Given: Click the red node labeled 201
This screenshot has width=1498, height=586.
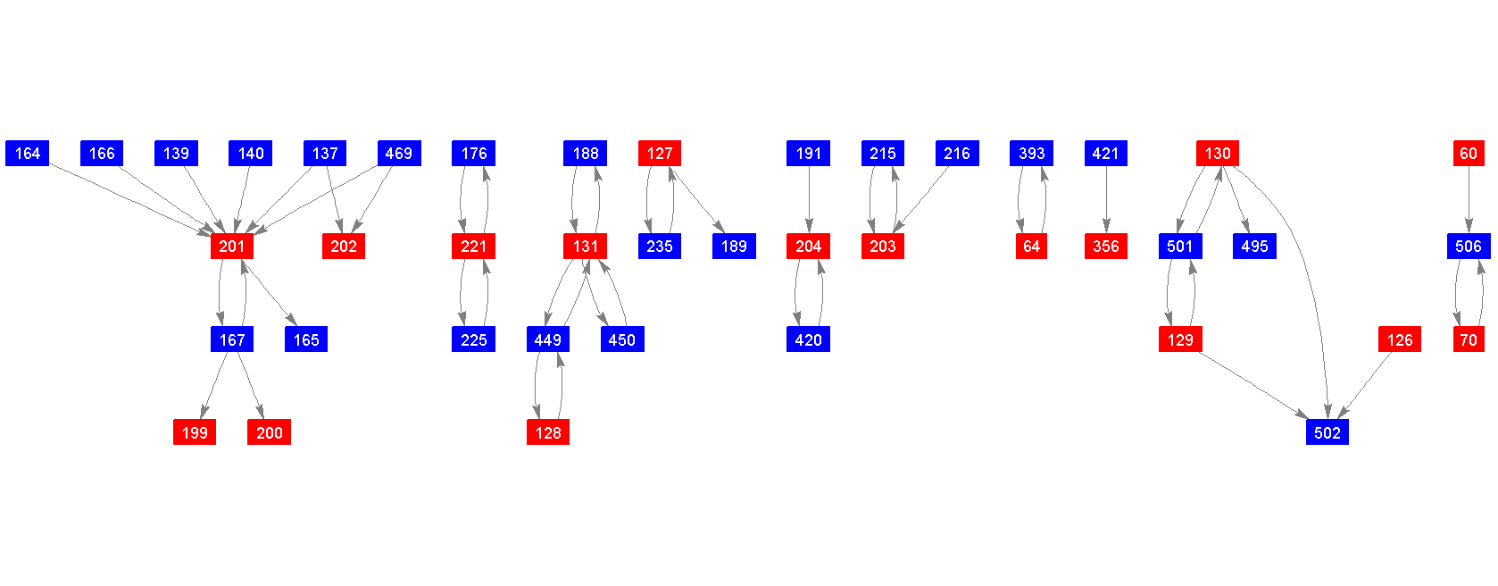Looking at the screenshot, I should (x=232, y=247).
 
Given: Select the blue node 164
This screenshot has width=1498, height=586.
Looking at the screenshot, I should (x=28, y=154).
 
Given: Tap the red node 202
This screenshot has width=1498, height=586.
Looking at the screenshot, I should (x=344, y=247).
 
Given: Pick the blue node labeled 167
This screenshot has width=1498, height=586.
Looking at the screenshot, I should (x=232, y=339).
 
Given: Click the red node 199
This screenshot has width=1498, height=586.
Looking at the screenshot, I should (x=195, y=432).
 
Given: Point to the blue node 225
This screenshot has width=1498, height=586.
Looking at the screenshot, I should (x=473, y=339).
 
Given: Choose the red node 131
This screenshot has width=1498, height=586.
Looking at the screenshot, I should (x=586, y=247).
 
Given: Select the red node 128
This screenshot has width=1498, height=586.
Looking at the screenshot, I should (x=548, y=432).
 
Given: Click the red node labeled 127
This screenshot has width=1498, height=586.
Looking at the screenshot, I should (x=660, y=154).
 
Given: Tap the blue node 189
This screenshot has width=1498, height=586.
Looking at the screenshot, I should (x=734, y=247).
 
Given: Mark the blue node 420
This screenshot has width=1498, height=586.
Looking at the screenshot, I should (x=808, y=339).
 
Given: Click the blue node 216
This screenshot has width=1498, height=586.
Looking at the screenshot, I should (x=957, y=154).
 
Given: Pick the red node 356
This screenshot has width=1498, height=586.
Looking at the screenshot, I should (x=1106, y=247).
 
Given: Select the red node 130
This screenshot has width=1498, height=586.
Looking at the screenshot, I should (x=1218, y=154).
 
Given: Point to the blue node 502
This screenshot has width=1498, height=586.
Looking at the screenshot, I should (x=1327, y=432).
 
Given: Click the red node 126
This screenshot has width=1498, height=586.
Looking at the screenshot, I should (x=1400, y=339).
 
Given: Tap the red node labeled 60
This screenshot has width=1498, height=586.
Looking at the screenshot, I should (x=1469, y=154).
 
